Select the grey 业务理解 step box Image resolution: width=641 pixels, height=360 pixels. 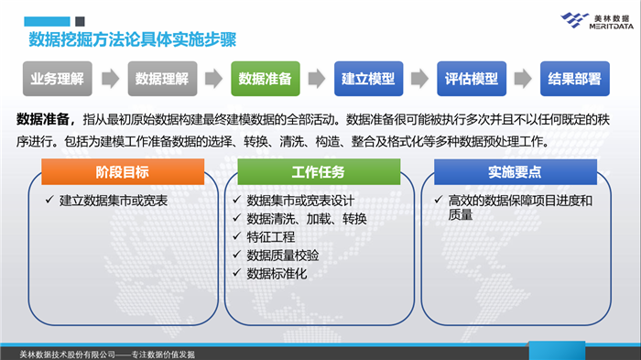pos(57,79)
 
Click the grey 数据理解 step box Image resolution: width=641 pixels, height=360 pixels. pos(162,79)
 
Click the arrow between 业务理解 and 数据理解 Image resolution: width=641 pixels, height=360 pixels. pos(110,80)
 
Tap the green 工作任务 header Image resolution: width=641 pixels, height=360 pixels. pos(319,172)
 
